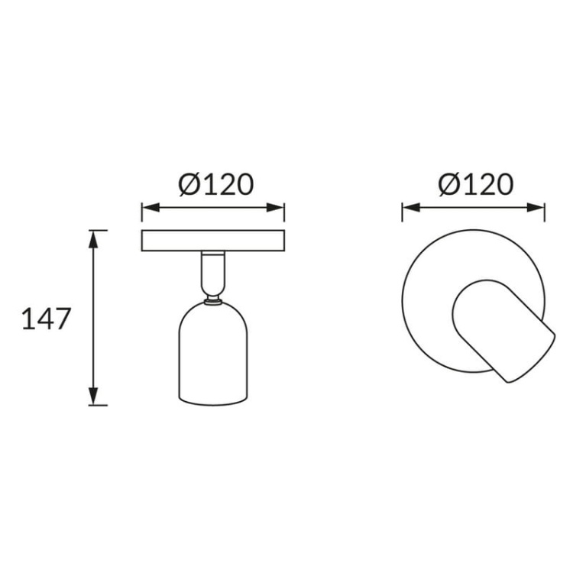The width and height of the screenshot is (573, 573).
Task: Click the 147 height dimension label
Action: [x=46, y=319]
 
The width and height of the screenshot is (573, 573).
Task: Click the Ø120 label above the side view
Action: [x=216, y=184]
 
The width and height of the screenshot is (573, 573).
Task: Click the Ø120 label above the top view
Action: [x=476, y=184]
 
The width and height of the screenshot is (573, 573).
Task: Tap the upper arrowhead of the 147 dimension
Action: [x=93, y=239]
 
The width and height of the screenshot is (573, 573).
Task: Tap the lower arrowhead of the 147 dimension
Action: [x=93, y=396]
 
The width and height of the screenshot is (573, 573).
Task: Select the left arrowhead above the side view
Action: [x=151, y=208]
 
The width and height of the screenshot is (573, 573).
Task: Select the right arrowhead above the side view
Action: [x=276, y=208]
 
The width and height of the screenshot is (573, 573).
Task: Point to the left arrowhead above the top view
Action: [x=411, y=208]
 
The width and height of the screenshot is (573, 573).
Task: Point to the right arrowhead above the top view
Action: [x=536, y=208]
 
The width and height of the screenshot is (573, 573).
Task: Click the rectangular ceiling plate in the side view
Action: [x=213, y=241]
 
